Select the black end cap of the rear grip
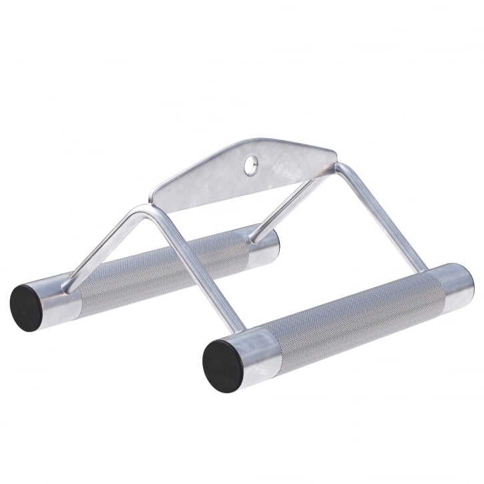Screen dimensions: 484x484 click(27, 304)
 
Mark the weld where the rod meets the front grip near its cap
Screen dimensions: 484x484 click(234, 328)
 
